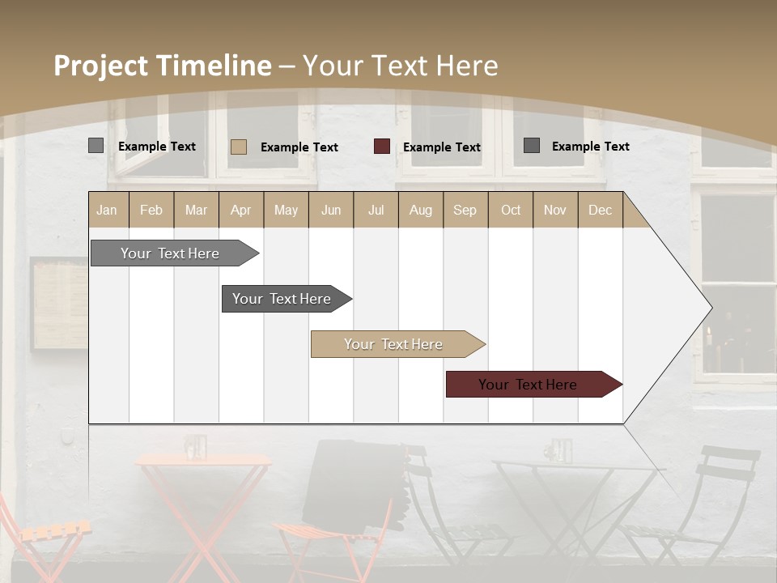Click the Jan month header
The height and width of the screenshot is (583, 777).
click(x=107, y=211)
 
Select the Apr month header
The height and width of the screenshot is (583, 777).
click(x=240, y=211)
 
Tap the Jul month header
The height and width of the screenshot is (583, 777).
click(x=376, y=211)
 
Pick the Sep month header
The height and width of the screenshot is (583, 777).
click(x=465, y=211)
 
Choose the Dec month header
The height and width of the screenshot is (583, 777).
click(x=600, y=211)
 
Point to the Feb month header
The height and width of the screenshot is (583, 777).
click(x=151, y=211)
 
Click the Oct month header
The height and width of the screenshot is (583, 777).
click(x=511, y=211)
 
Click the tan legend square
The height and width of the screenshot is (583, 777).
click(x=239, y=147)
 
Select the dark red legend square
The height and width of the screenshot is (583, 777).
click(x=382, y=147)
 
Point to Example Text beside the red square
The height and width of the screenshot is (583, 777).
click(x=442, y=147)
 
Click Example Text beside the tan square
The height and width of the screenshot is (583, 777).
click(x=299, y=147)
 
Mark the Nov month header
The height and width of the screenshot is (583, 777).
click(x=554, y=211)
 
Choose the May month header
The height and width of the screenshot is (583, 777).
click(x=286, y=211)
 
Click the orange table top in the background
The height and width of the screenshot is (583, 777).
click(x=202, y=461)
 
